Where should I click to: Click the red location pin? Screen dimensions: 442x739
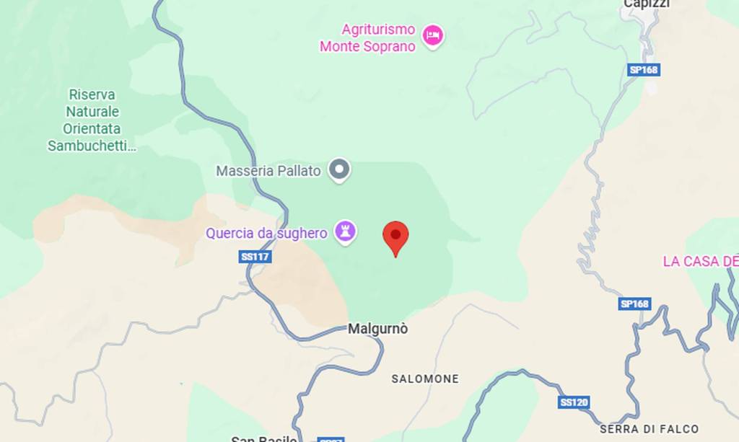pos(395,237)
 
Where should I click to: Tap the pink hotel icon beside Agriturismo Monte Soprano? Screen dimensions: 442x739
pos(432,35)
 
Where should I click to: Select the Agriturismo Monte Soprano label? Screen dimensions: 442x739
pos(368,37)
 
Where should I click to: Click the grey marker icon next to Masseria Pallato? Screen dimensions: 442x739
pos(339,170)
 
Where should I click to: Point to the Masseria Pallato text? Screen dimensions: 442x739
pos(268,171)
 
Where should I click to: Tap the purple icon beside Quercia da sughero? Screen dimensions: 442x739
pos(346,232)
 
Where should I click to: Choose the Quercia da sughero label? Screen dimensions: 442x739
pos(266,233)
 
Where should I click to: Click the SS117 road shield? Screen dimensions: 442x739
pos(255,257)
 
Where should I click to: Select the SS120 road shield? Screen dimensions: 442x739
pos(574,402)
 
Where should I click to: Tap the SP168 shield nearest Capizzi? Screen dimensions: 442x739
pos(644,70)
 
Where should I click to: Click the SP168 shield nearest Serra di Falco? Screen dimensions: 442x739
pos(634,304)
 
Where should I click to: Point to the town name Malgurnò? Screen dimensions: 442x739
pos(378,329)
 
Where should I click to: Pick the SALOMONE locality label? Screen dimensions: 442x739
pos(425,379)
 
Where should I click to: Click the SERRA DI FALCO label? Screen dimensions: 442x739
pos(649,429)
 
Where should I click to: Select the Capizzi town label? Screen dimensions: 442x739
pos(646,4)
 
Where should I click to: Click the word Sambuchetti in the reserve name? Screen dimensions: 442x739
pos(92,146)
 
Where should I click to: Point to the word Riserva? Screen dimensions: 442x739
pos(92,94)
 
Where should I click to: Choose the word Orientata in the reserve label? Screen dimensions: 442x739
pos(92,129)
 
